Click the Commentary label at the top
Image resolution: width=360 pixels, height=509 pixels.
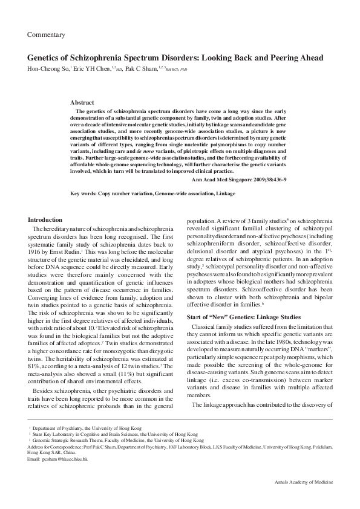click(46, 35)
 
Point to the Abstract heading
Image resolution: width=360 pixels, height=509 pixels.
click(82, 103)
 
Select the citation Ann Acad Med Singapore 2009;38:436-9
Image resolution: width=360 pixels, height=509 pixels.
click(239, 180)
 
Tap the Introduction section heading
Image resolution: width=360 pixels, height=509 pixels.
click(45, 220)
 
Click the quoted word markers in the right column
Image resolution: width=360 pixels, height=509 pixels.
click(305, 349)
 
